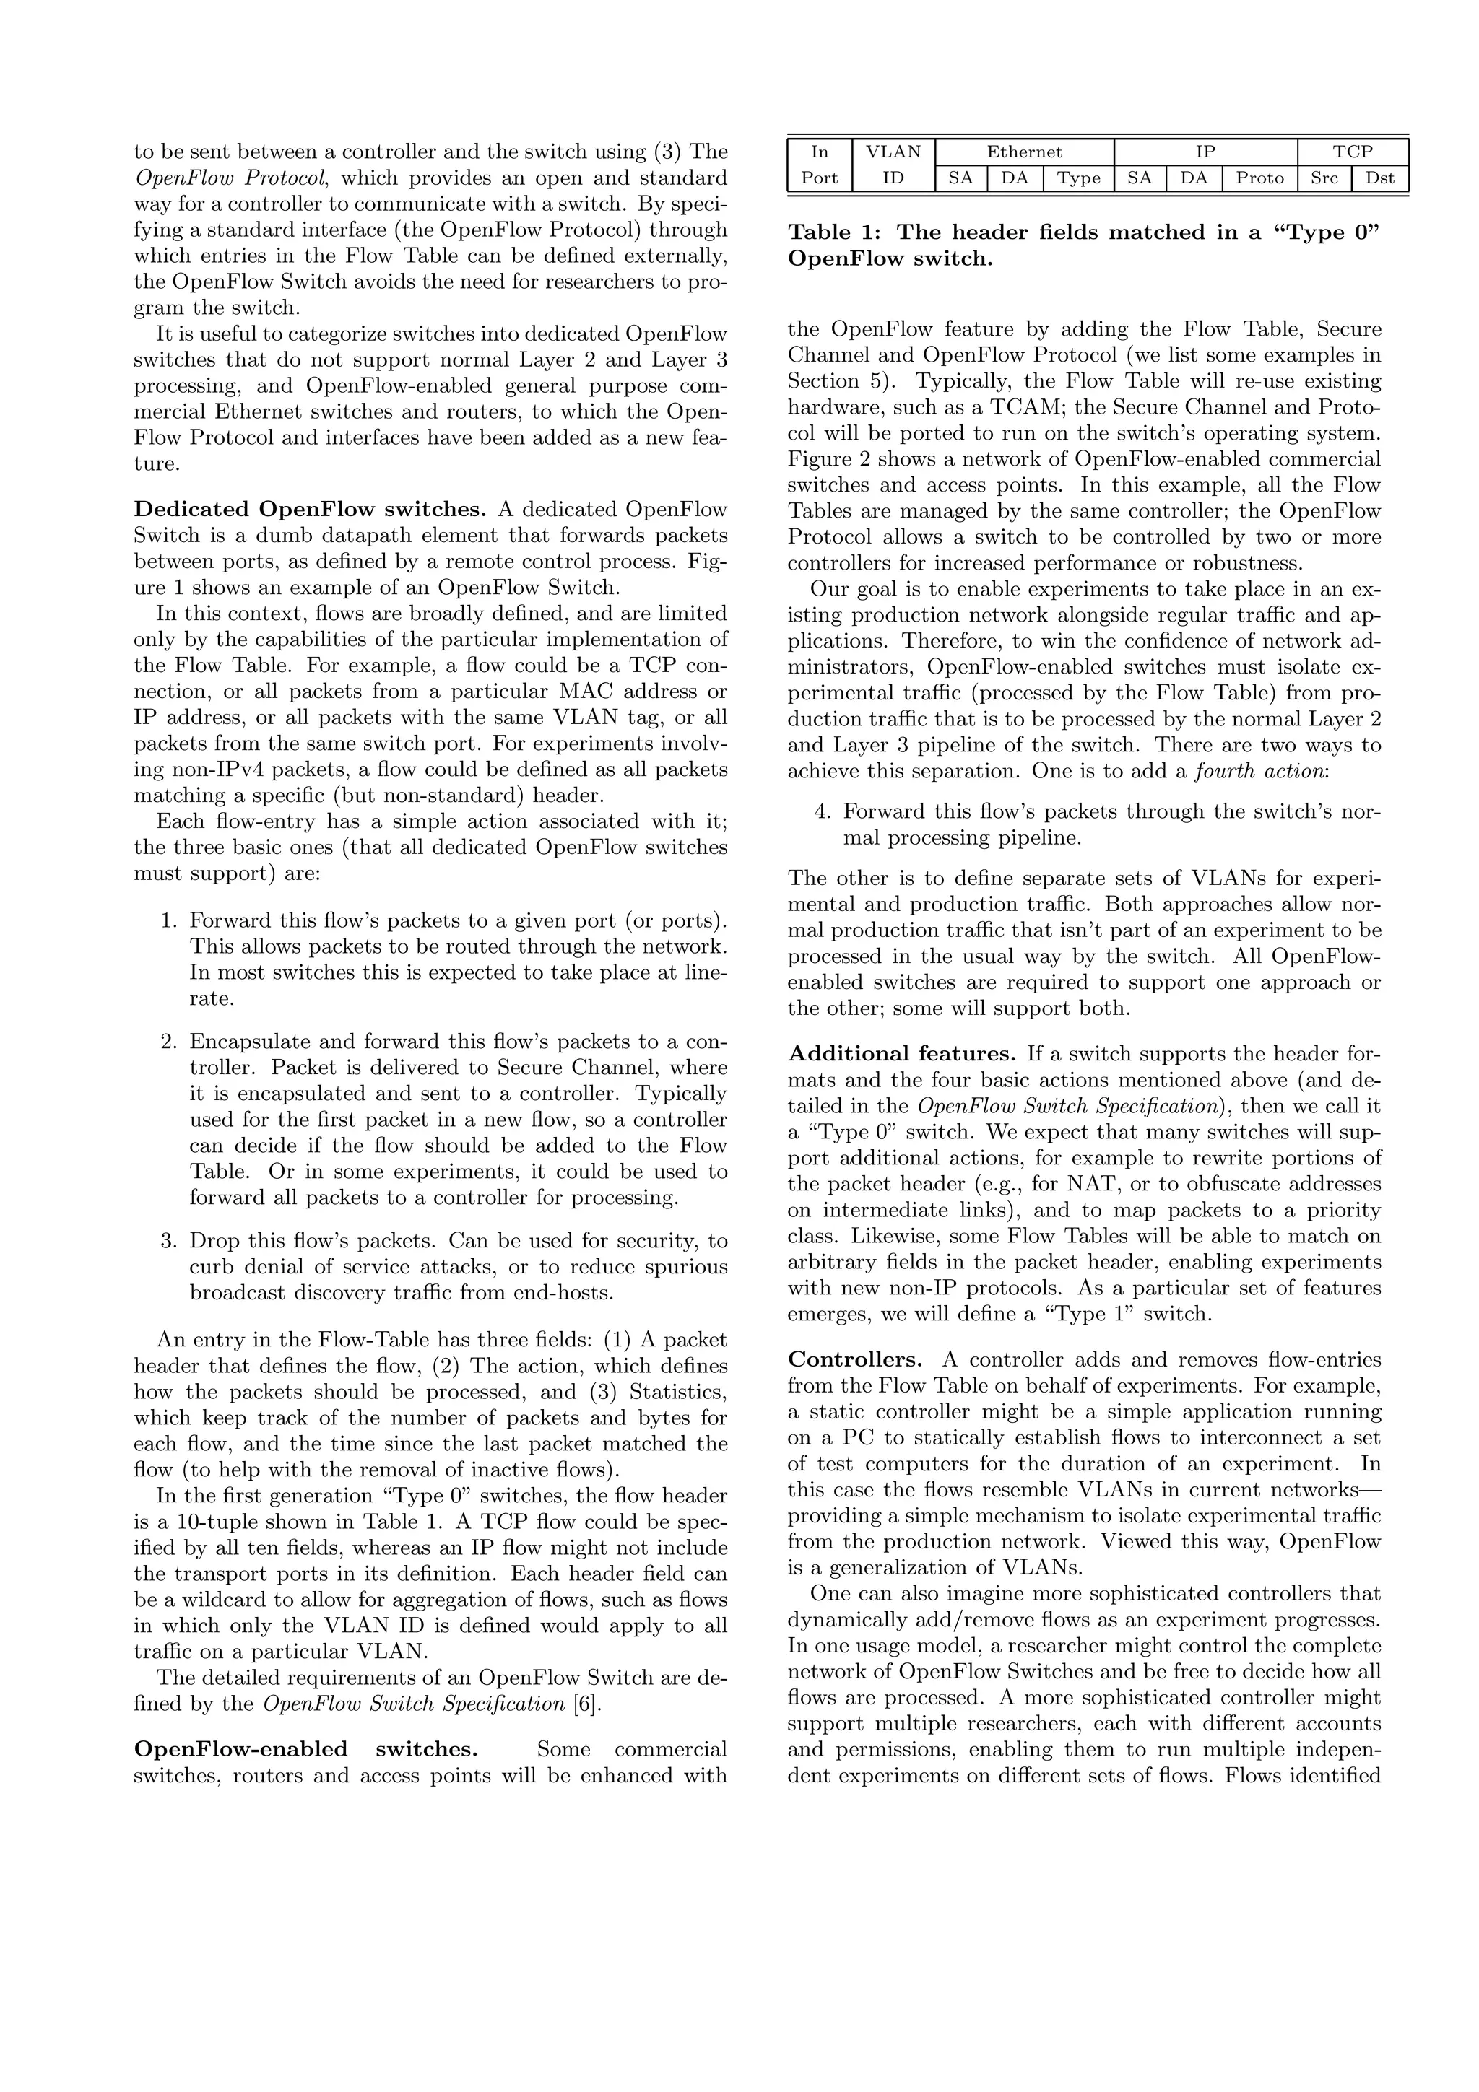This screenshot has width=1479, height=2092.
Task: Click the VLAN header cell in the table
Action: (893, 152)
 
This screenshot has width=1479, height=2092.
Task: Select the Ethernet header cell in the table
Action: (1024, 152)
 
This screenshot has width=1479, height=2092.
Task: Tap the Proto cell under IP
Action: (1259, 178)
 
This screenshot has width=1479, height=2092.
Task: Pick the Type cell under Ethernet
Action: (1079, 178)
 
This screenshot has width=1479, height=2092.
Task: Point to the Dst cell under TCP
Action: (1379, 178)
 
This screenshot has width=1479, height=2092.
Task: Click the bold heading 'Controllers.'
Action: (855, 1360)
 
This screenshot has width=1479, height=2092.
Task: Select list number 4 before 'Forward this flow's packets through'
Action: (821, 812)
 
